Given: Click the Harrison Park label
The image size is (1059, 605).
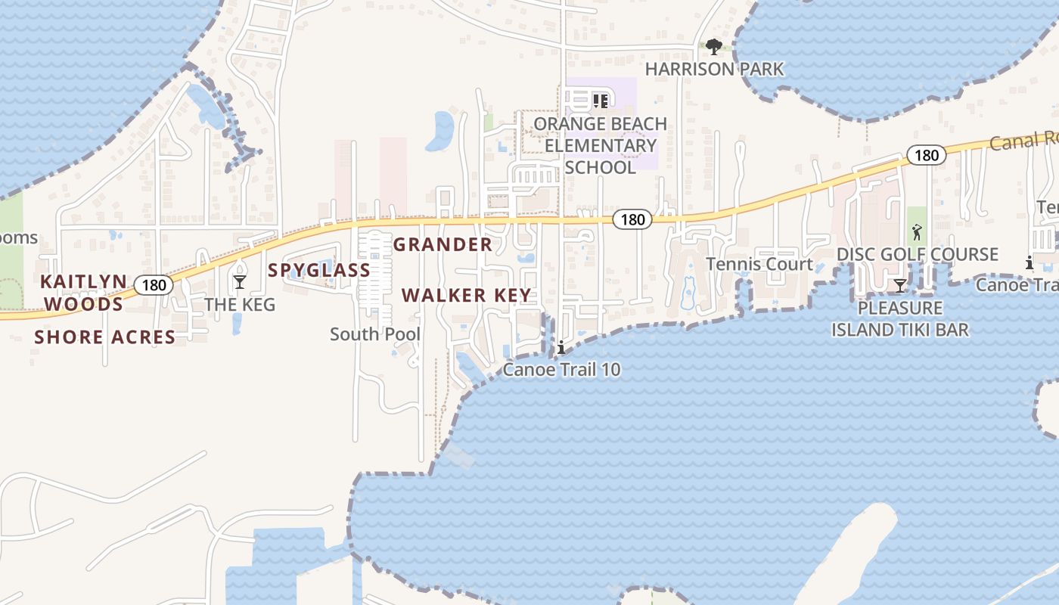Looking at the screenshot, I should [x=714, y=69].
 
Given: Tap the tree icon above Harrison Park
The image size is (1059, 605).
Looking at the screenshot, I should [x=713, y=48].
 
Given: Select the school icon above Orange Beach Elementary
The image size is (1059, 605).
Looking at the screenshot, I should [x=601, y=101].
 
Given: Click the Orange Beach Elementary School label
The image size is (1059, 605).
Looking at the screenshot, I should [x=601, y=145].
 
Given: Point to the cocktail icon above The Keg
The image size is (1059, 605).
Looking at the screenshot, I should [x=240, y=282].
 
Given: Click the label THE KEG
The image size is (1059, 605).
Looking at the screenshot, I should [x=240, y=305].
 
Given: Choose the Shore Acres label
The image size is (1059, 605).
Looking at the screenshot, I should [x=104, y=337].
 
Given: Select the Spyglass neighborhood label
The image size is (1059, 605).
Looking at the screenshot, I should [x=319, y=270].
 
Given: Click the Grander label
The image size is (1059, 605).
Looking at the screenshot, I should [x=443, y=244].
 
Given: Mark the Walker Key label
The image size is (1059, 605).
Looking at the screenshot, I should [x=467, y=295].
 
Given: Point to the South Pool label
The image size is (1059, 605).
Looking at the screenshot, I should [x=375, y=334].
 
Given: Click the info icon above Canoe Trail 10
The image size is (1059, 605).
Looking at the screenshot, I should [x=561, y=349].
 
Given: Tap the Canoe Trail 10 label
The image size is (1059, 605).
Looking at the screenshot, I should [x=561, y=370].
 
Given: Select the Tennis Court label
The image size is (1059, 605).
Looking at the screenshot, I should [x=759, y=264].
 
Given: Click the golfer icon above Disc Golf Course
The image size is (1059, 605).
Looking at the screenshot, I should [x=917, y=232].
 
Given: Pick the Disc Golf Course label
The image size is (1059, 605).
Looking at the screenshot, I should [x=917, y=254].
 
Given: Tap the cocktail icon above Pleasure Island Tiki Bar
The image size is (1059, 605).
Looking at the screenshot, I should [x=899, y=286].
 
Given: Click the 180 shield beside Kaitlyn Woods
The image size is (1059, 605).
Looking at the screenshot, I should [x=154, y=285].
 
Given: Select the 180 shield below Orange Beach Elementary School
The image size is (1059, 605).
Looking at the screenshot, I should [x=632, y=219].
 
